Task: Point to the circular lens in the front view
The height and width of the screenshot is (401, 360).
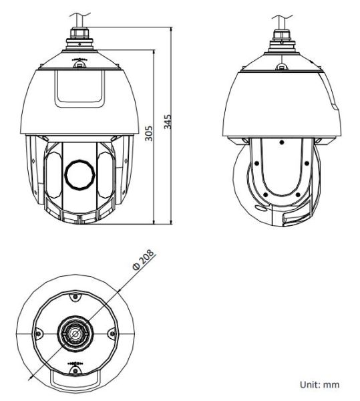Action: tap(79, 172)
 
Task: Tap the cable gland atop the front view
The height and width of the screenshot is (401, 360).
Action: tap(79, 41)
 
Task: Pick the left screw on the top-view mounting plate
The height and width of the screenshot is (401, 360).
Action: tap(39, 333)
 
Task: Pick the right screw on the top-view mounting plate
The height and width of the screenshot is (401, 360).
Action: tap(111, 333)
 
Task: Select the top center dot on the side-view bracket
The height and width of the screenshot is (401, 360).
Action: tap(282, 142)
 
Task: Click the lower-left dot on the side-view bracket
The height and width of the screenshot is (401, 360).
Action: tap(266, 194)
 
